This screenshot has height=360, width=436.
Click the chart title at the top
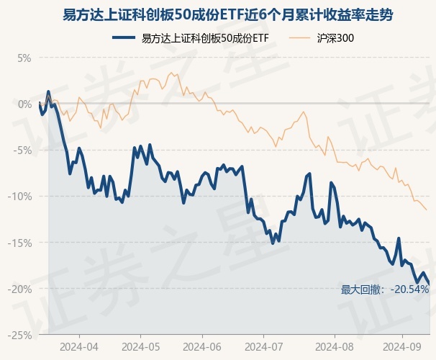[218, 14]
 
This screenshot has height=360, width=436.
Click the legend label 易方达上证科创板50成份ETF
[205, 37]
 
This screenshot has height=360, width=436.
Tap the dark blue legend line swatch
[125, 37]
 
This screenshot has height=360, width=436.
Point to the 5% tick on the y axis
[24, 57]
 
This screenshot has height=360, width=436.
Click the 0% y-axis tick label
[24, 103]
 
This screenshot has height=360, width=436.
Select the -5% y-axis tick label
[23, 150]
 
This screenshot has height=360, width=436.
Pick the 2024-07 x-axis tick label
[265, 346]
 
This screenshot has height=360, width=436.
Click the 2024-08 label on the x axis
[329, 346]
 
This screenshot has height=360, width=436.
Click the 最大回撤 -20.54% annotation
[385, 289]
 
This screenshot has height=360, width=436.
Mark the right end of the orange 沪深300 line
[427, 210]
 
